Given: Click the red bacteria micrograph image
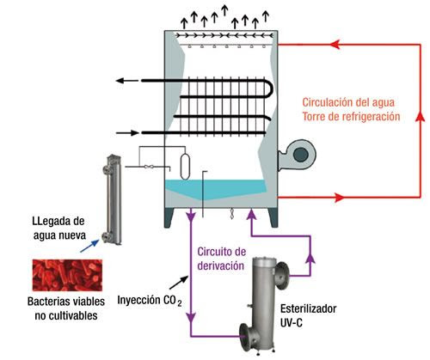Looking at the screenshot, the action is [x=67, y=275].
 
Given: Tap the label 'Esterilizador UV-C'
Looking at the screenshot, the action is [x=308, y=316].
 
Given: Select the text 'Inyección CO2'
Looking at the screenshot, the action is [x=150, y=301].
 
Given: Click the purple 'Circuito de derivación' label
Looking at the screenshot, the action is [x=221, y=259].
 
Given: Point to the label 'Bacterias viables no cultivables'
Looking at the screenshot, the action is [x=66, y=308].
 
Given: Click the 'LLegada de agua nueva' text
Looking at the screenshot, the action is [x=59, y=229].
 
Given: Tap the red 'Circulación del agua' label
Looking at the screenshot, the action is [x=348, y=102].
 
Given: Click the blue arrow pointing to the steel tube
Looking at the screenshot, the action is [x=89, y=246].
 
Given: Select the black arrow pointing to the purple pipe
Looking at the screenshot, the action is [x=179, y=283].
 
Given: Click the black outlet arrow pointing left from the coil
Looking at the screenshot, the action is [x=127, y=81].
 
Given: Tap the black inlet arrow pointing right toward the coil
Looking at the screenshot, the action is [x=127, y=133].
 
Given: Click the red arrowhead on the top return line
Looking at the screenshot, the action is [x=335, y=45].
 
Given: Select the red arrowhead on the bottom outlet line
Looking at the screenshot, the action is [x=340, y=198].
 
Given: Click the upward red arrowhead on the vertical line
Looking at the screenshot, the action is [x=421, y=116].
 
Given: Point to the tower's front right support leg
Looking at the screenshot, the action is [x=273, y=217].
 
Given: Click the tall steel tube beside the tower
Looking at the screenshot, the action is [x=113, y=199].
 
